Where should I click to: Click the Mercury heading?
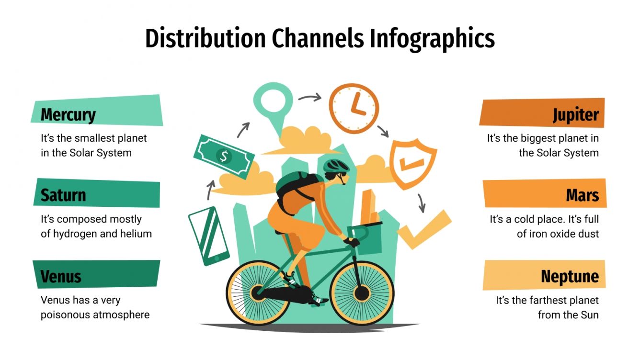68,115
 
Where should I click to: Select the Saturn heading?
63,195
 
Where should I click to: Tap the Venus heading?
61,277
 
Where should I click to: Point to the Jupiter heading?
575,115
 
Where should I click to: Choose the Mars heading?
582,195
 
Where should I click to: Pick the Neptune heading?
570,277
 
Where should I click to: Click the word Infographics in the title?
432,39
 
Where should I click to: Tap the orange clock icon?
354,108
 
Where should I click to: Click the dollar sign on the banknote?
223,155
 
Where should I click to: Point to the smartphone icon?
208,236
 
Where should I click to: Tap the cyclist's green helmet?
336,166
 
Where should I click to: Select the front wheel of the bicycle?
362,292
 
